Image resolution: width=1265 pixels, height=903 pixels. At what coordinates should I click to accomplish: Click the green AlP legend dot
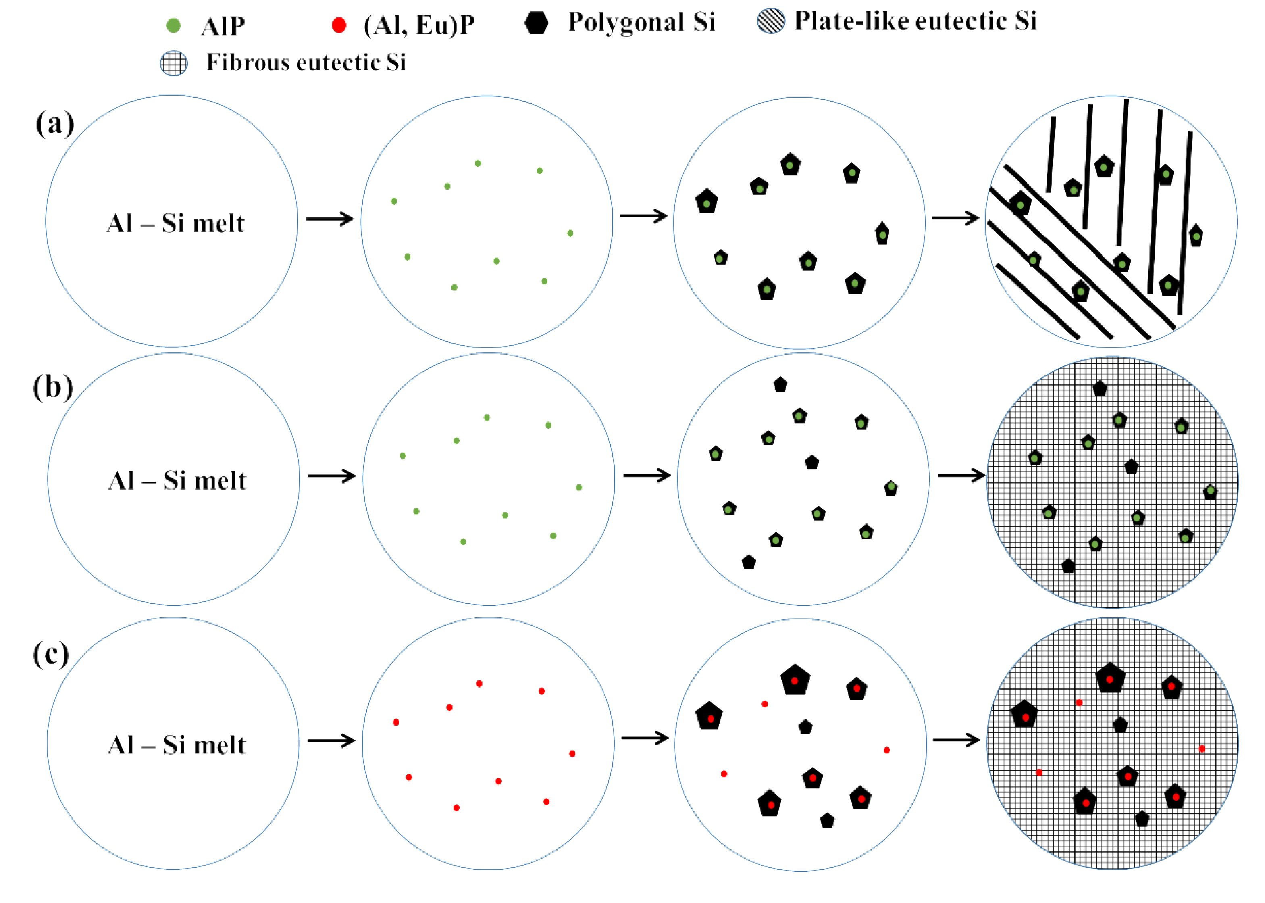pos(173,25)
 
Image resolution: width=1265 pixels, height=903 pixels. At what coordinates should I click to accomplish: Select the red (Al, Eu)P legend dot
pos(339,25)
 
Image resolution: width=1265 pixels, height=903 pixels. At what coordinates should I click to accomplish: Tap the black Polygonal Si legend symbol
pos(536,23)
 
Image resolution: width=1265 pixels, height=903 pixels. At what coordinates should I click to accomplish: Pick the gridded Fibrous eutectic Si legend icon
pos(173,63)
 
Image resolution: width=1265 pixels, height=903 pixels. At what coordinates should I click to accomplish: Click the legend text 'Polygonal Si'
pos(641,22)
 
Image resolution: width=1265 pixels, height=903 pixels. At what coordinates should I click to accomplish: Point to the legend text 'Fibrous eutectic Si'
pos(306,62)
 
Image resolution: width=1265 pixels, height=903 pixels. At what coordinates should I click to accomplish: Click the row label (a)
pos(54,123)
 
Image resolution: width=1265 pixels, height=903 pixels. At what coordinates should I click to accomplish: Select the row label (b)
pos(53,387)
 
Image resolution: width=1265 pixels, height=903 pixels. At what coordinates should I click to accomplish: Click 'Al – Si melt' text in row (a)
pos(175,223)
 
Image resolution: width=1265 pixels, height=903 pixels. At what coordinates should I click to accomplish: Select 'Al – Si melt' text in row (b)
pos(177,480)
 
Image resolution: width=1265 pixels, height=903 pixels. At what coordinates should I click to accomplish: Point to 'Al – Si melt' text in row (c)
pos(176,745)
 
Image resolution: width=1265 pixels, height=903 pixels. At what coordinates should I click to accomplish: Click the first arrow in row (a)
pos(330,219)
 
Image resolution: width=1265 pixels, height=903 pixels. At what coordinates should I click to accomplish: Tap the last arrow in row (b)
pos(961,475)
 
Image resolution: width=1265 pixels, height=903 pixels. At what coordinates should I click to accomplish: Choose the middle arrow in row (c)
pos(645,738)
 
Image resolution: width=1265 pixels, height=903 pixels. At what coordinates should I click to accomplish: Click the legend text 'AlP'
pos(223,26)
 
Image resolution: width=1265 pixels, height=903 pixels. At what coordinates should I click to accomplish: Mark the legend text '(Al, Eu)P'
pos(419,25)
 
